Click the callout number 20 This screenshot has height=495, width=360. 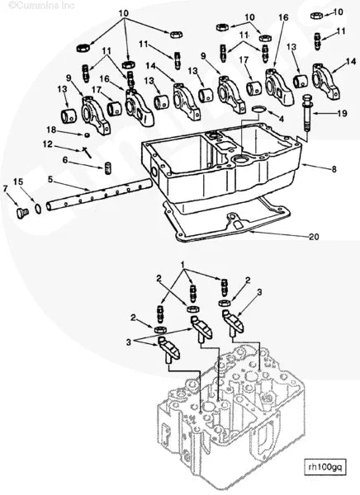(314, 237)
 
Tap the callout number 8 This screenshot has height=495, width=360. (334, 169)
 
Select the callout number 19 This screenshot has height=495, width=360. (342, 113)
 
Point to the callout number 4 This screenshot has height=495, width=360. (281, 119)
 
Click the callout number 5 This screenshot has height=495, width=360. (50, 179)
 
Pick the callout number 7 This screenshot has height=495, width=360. (65, 160)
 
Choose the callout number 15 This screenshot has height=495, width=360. (5, 188)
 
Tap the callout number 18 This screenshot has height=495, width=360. (51, 130)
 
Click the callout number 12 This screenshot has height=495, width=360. (48, 144)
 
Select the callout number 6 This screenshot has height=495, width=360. (65, 160)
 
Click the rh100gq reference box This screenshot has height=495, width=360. (323, 466)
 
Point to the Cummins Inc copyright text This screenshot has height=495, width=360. (41, 5)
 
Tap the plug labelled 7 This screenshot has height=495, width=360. (22, 213)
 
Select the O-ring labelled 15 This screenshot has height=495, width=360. (38, 209)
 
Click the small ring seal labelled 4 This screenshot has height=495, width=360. (259, 109)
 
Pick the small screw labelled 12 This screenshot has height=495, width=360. (87, 152)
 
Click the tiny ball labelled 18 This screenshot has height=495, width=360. (86, 135)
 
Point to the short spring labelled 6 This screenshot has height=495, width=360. (107, 168)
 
